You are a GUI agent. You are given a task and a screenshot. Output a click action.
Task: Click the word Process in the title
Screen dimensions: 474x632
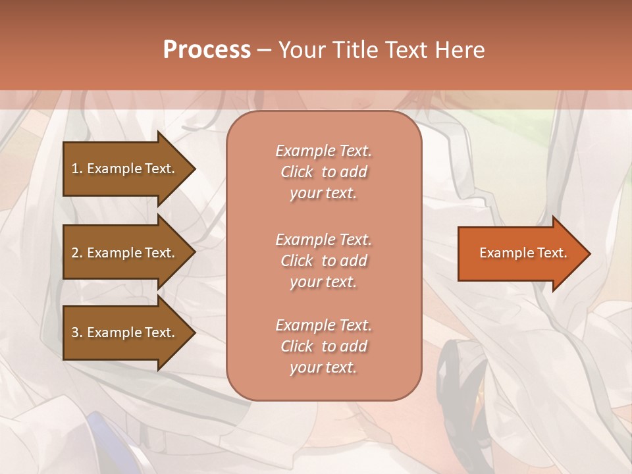[207, 50]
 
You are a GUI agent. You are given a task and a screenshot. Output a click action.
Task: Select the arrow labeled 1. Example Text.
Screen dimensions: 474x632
[125, 169]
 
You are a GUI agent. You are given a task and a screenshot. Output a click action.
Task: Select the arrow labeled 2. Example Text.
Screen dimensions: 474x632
[125, 253]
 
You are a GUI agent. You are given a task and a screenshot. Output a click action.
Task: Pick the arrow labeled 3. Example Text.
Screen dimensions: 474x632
[125, 332]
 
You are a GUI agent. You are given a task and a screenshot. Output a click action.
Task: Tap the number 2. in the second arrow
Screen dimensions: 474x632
[77, 253]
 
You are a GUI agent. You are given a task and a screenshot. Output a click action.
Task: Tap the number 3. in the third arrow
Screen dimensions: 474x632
[77, 332]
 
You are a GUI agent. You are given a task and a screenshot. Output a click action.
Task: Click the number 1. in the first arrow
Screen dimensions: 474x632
[77, 169]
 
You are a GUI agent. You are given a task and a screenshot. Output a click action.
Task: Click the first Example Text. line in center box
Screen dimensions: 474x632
[323, 151]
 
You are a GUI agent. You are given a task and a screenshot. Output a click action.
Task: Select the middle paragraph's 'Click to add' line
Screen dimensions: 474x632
[323, 261]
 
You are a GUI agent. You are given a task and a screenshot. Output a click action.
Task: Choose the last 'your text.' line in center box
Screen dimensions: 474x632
[323, 367]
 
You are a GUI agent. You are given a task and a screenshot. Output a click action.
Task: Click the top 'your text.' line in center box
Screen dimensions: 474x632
[323, 193]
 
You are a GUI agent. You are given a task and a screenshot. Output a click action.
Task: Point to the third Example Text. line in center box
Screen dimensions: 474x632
[323, 325]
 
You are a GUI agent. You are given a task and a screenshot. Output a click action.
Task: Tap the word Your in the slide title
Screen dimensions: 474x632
[302, 50]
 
